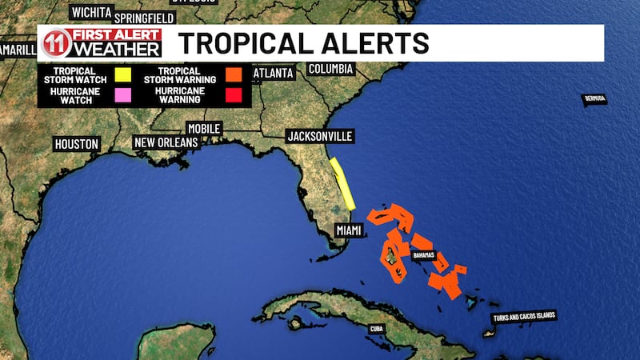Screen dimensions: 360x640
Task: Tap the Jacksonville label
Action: [x=319, y=137]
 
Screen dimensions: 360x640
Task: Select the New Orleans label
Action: [x=166, y=142]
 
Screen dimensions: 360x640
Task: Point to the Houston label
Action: [x=77, y=144]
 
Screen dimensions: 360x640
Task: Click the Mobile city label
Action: [x=203, y=128]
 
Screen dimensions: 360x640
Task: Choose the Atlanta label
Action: [x=273, y=74]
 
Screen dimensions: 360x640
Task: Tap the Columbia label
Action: [x=331, y=69]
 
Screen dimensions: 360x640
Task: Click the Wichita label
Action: [x=91, y=12]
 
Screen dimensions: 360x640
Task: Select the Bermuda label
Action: [x=594, y=98]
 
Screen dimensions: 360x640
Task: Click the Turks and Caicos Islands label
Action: [x=524, y=318]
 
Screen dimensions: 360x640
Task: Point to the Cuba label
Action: [x=377, y=329]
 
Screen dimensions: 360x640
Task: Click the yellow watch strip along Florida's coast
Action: [x=343, y=183]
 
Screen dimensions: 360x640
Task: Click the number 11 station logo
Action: [x=54, y=44]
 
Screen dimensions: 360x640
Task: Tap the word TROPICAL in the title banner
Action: [x=242, y=44]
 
